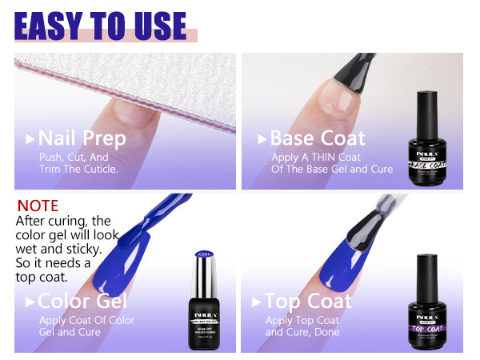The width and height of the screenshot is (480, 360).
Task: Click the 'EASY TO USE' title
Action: click(x=101, y=26)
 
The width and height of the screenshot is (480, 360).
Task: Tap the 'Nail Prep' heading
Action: click(x=82, y=138)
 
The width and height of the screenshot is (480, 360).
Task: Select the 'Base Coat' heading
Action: click(x=317, y=138)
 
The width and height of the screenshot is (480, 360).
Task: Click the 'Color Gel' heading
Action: click(x=82, y=302)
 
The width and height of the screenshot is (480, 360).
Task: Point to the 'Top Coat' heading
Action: click(x=308, y=302)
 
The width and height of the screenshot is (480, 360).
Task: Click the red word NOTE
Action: click(x=38, y=206)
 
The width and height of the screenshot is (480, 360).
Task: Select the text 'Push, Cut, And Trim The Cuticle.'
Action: click(x=78, y=163)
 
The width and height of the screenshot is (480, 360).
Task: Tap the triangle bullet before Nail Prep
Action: click(x=30, y=139)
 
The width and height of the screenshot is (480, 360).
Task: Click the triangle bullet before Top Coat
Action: click(x=257, y=302)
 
